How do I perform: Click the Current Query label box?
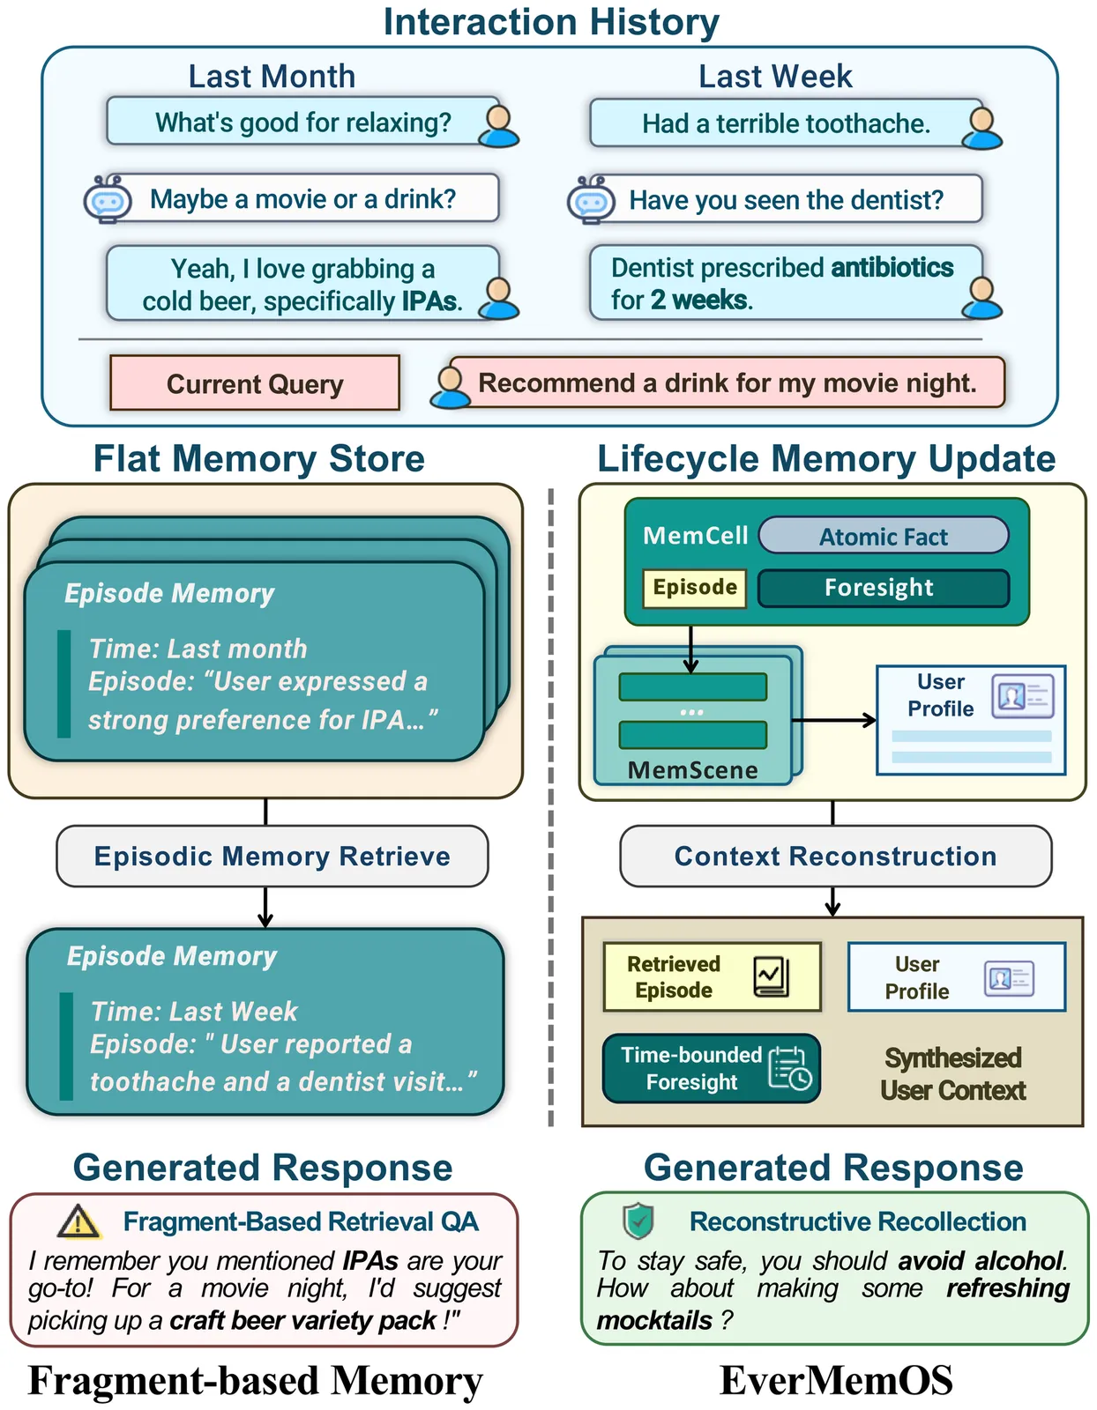pos(255,383)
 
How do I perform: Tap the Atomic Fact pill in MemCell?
pos(883,536)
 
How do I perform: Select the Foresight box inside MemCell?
pos(883,588)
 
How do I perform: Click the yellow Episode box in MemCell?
pos(695,588)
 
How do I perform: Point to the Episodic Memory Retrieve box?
pos(272,856)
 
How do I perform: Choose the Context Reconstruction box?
pos(835,856)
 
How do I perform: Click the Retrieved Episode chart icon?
pos(772,976)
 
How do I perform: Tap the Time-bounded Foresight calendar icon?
pos(789,1069)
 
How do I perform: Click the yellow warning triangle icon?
pos(79,1221)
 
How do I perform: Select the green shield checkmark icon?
pos(638,1221)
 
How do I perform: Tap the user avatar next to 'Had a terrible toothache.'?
pos(981,127)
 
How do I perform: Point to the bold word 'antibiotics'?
pos(892,268)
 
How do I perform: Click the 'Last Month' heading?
pos(272,77)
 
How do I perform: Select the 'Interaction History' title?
pos(551,22)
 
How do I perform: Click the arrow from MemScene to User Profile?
pos(833,720)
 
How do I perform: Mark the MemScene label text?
pos(692,770)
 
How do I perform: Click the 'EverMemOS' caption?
pos(836,1380)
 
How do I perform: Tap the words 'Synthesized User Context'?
pos(952,1074)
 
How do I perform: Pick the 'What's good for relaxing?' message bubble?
pos(302,122)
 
